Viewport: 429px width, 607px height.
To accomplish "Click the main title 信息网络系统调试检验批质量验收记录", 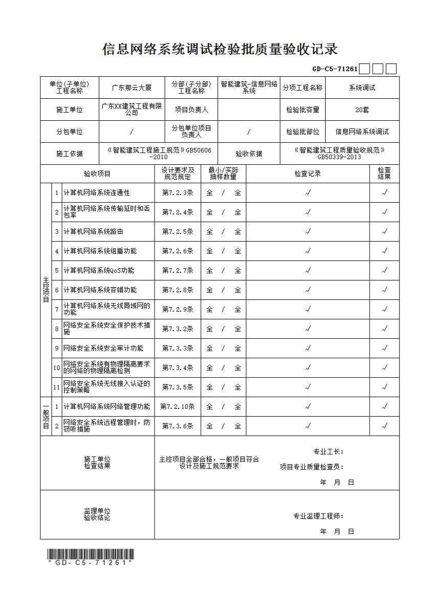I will coord(220,50).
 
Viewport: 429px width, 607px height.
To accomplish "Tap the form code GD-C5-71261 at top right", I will coord(335,69).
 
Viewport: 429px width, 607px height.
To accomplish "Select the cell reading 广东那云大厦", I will coord(132,88).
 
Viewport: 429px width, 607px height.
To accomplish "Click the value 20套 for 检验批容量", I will coord(362,110).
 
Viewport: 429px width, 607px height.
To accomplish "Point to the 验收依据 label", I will coord(249,154).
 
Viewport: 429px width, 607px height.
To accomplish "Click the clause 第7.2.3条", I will coord(178,193).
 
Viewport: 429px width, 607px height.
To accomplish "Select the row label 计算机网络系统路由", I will coord(93,232).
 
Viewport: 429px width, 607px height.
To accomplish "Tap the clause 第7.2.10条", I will coord(178,406).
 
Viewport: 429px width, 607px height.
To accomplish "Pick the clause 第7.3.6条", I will coord(178,426).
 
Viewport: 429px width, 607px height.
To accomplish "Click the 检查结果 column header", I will coord(384,174).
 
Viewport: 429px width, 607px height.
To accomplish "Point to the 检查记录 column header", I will coord(308,174).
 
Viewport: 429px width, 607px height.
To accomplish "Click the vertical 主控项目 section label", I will coord(46,290).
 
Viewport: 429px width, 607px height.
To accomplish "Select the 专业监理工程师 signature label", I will coord(318,516).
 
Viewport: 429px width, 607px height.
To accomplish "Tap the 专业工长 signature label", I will coord(328,451).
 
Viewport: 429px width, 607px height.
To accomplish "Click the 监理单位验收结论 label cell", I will coord(97,514).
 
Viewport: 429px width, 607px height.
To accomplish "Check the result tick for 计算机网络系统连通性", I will coord(384,193).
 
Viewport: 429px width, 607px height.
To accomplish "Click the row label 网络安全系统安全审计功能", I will coord(103,348).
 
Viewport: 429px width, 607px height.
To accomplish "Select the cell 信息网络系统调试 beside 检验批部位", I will coord(362,132).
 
